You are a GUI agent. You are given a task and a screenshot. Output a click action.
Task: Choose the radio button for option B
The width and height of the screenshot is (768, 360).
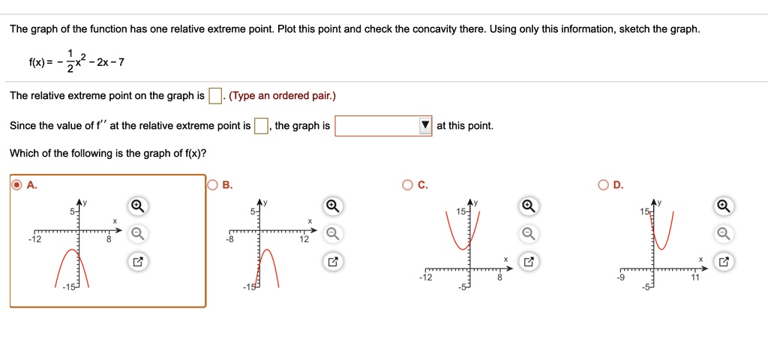point(212,185)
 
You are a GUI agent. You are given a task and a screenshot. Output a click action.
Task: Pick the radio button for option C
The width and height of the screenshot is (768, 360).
point(407,185)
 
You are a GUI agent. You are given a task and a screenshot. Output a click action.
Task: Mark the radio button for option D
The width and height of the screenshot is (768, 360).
point(603,185)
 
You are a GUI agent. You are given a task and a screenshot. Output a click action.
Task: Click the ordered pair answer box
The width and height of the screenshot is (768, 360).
point(215,96)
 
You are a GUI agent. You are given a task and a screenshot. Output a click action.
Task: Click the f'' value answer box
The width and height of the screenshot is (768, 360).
point(262,126)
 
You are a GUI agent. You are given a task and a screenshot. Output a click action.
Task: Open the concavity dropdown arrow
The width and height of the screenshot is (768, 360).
point(425,126)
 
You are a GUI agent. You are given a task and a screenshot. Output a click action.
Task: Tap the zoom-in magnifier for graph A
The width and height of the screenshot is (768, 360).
point(136,206)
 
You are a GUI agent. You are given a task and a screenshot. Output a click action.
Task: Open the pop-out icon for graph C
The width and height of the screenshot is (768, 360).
point(529,262)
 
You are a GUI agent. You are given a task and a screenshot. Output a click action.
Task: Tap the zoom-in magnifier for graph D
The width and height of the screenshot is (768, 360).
point(722,206)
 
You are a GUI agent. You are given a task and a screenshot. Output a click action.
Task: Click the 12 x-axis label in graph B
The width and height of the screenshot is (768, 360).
point(304,240)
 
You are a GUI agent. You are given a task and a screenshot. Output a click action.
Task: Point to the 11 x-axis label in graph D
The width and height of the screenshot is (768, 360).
point(694,277)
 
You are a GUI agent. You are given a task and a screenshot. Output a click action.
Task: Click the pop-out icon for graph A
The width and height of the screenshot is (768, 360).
point(136,262)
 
